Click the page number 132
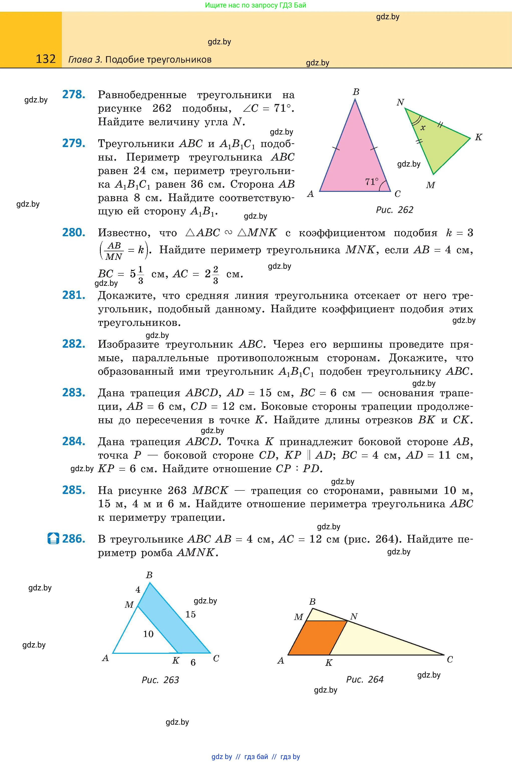pos(46,59)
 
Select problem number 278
pos(74,95)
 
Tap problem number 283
pos(74,393)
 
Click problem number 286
pos(74,539)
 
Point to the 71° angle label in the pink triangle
pos(372,181)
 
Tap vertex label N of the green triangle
pos(400,102)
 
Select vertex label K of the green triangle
pos(478,137)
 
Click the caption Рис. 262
pos(394,210)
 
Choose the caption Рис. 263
pos(160,680)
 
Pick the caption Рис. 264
pos(365,679)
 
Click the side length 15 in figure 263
pos(190,614)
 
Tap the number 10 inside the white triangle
pos(148,634)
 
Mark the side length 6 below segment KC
pos(193,662)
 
